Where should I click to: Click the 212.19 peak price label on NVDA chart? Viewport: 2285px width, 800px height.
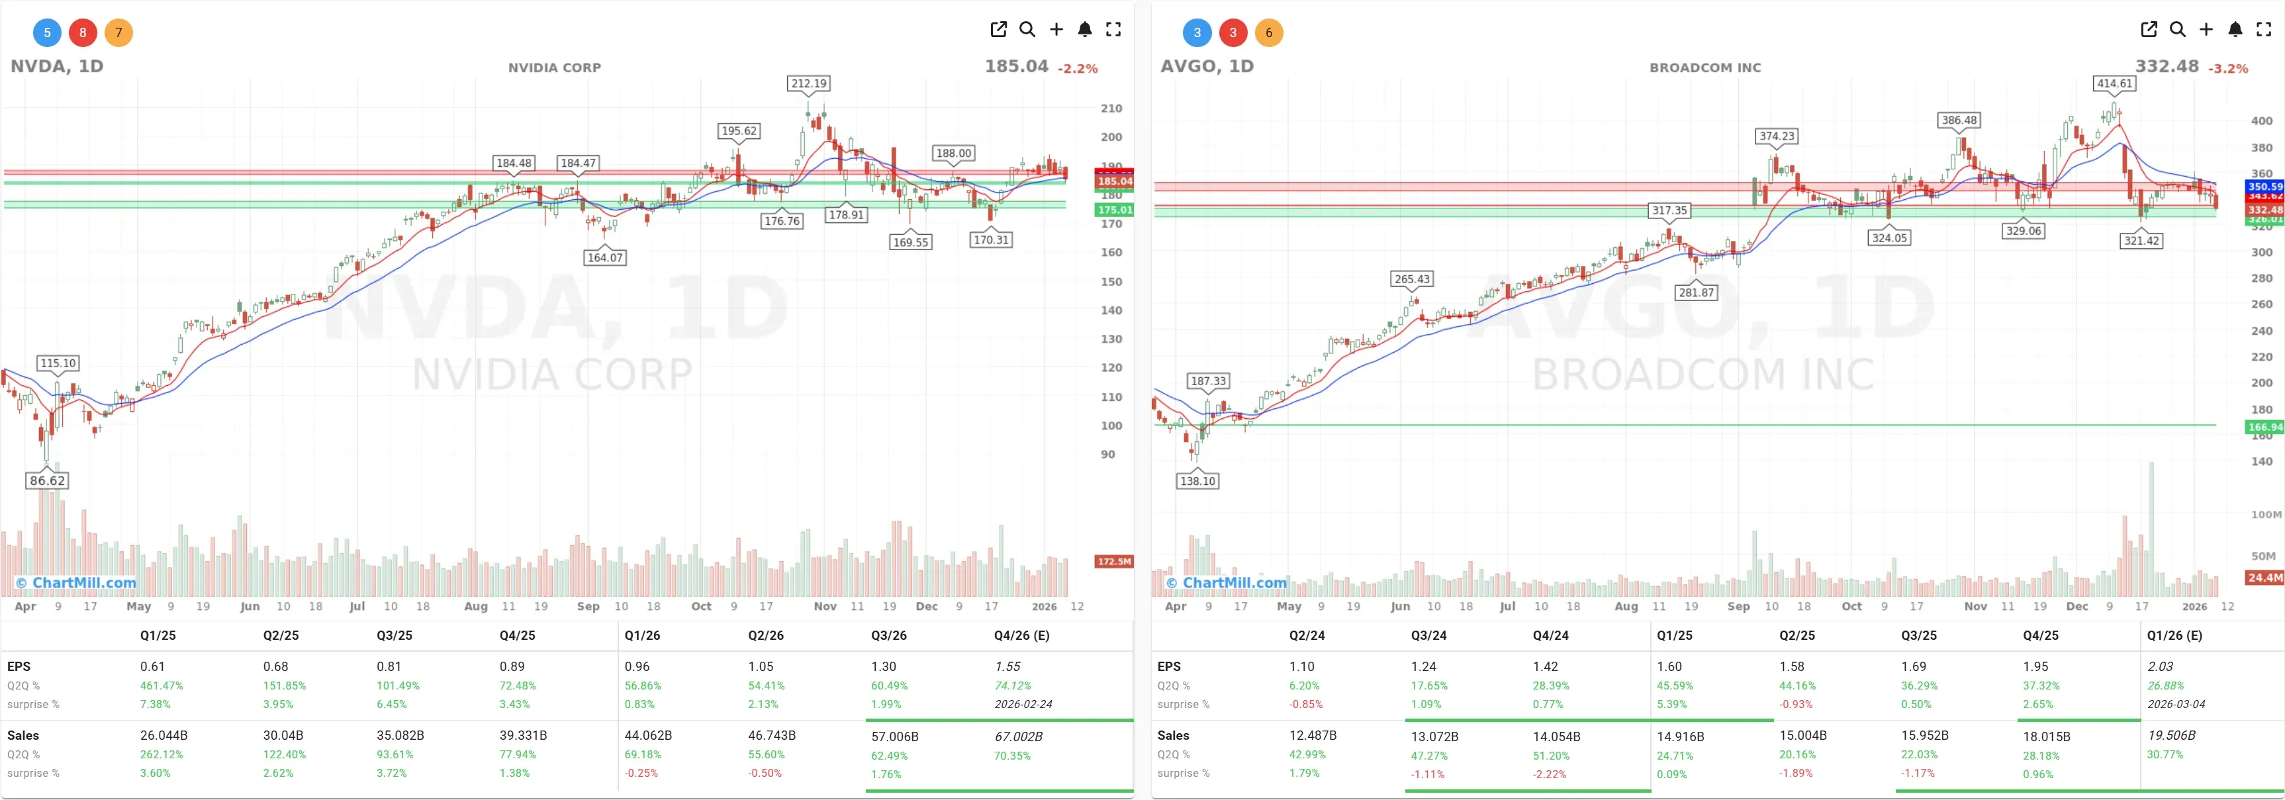click(x=808, y=83)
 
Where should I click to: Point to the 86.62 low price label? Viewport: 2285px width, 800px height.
click(x=47, y=480)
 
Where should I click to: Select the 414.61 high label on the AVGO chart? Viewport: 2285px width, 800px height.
click(x=2115, y=83)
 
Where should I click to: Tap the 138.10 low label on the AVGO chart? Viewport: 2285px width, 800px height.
click(x=1197, y=480)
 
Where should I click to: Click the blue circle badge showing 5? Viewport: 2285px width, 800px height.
click(x=47, y=33)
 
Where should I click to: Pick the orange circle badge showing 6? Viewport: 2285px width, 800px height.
click(x=1268, y=33)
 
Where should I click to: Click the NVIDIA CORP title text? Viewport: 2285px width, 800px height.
click(x=555, y=67)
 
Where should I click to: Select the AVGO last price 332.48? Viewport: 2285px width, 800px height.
click(x=2166, y=67)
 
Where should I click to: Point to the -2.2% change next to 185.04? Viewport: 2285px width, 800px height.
click(x=1077, y=68)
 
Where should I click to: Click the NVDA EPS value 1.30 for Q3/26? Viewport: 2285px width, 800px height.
click(x=884, y=666)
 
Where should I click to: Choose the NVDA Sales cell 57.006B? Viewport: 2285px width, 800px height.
click(x=894, y=736)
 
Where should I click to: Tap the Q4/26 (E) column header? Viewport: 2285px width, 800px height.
click(x=1021, y=635)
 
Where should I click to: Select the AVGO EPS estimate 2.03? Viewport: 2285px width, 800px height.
click(x=2160, y=666)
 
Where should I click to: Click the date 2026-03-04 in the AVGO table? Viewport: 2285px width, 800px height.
click(x=2175, y=704)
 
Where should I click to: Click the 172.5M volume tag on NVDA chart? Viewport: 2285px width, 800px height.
click(x=1113, y=561)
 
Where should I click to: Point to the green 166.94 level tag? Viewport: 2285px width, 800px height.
click(x=2264, y=427)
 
